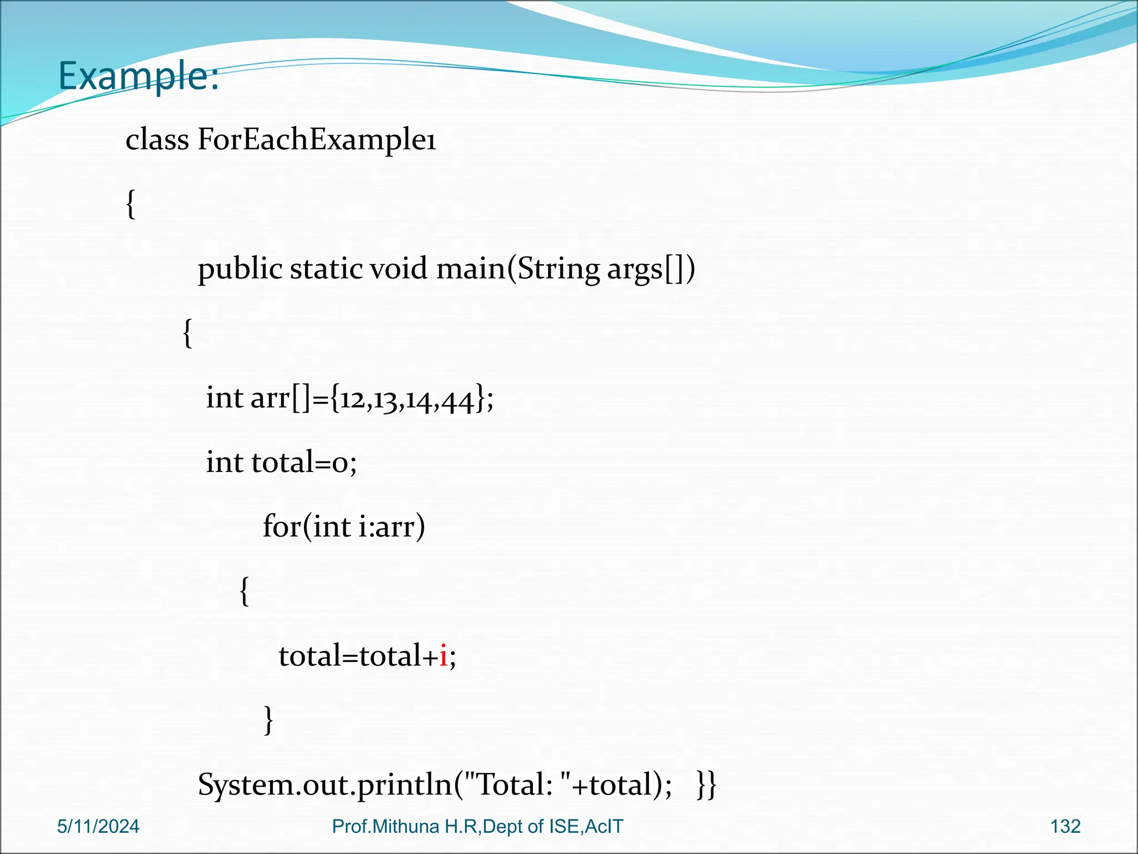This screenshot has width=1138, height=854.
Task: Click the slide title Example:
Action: point(138,76)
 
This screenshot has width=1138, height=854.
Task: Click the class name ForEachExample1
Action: point(317,139)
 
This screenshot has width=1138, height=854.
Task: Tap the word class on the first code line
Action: point(157,139)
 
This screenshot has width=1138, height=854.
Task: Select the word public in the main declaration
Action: point(240,270)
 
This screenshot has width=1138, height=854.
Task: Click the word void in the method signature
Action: point(399,269)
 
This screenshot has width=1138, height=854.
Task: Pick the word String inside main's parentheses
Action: point(558,270)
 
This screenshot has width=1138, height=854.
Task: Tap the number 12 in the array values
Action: point(352,399)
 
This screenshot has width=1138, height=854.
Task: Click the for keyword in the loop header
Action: point(282,526)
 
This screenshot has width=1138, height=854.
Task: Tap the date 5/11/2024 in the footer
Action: point(98,827)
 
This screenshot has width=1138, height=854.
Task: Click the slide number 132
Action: point(1065,827)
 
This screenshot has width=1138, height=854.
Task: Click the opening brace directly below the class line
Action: point(131,205)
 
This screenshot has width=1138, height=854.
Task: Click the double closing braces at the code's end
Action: point(707,785)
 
